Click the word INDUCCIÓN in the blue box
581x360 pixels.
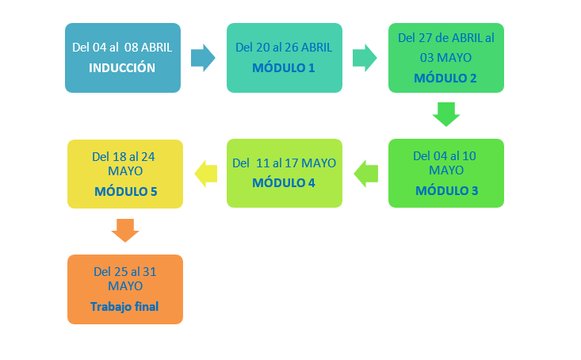122,67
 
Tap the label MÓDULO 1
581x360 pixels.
284,67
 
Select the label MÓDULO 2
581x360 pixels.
445,78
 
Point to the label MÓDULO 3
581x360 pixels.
446,190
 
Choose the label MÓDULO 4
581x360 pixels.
284,182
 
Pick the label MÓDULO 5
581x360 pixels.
125,191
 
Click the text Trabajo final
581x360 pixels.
124,307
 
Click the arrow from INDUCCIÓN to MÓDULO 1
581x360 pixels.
203,58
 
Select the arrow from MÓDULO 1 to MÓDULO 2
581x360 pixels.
365,58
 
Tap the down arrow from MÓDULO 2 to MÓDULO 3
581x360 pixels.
446,114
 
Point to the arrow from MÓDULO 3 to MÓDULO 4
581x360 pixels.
366,174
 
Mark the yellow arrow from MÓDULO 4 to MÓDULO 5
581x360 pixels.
205,174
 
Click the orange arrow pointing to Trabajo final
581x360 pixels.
125,231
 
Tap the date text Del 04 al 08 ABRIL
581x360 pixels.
122,48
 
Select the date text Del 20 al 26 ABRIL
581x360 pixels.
284,48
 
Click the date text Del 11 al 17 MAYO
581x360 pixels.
285,163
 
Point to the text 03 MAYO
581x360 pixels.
445,57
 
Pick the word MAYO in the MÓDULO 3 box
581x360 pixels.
446,170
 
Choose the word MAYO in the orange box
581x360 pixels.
125,285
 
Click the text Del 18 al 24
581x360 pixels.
124,157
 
